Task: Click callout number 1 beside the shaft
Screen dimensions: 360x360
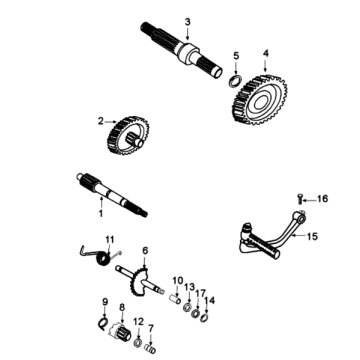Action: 99,212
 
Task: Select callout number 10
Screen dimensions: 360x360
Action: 175,280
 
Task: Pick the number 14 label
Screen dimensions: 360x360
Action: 208,300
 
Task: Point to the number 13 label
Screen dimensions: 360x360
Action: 188,287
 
